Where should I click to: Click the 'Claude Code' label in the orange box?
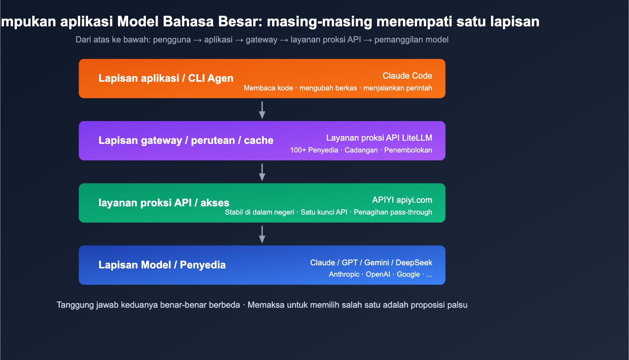(407, 76)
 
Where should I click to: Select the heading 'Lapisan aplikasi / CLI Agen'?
(166, 78)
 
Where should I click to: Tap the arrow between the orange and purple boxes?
(262, 110)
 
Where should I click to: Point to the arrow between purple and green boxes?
(262, 173)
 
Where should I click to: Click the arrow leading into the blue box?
(262, 235)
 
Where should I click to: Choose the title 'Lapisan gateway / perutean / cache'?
(186, 140)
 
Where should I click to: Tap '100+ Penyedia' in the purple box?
(314, 150)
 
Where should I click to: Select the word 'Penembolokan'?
(408, 150)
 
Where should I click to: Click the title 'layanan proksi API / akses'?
(164, 203)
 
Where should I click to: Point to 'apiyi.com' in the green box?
(414, 200)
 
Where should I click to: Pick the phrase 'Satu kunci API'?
(324, 212)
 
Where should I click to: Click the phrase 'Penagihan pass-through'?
(393, 212)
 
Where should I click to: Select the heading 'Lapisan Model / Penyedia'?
(162, 265)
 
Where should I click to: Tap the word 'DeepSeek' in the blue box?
(414, 263)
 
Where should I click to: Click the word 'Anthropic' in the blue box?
(344, 274)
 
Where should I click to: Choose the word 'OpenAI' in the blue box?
(378, 274)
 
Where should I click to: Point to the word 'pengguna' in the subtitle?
(172, 40)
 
